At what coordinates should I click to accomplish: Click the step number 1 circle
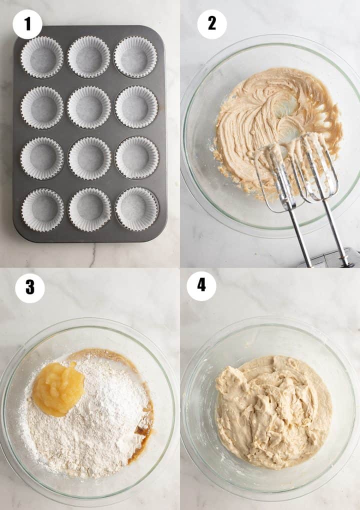[x=27, y=24]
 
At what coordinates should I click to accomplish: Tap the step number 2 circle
[x=212, y=24]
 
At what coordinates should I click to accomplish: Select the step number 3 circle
[x=30, y=288]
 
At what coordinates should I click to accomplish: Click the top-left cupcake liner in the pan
[x=42, y=57]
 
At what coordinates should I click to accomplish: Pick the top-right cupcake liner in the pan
[x=135, y=57]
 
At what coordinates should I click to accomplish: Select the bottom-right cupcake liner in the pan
[x=137, y=209]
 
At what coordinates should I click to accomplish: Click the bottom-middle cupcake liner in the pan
[x=89, y=209]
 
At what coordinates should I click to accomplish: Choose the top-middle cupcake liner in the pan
[x=89, y=57]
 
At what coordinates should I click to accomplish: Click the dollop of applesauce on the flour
[x=58, y=389]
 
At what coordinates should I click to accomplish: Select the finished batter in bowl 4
[x=273, y=410]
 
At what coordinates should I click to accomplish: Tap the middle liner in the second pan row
[x=89, y=107]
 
